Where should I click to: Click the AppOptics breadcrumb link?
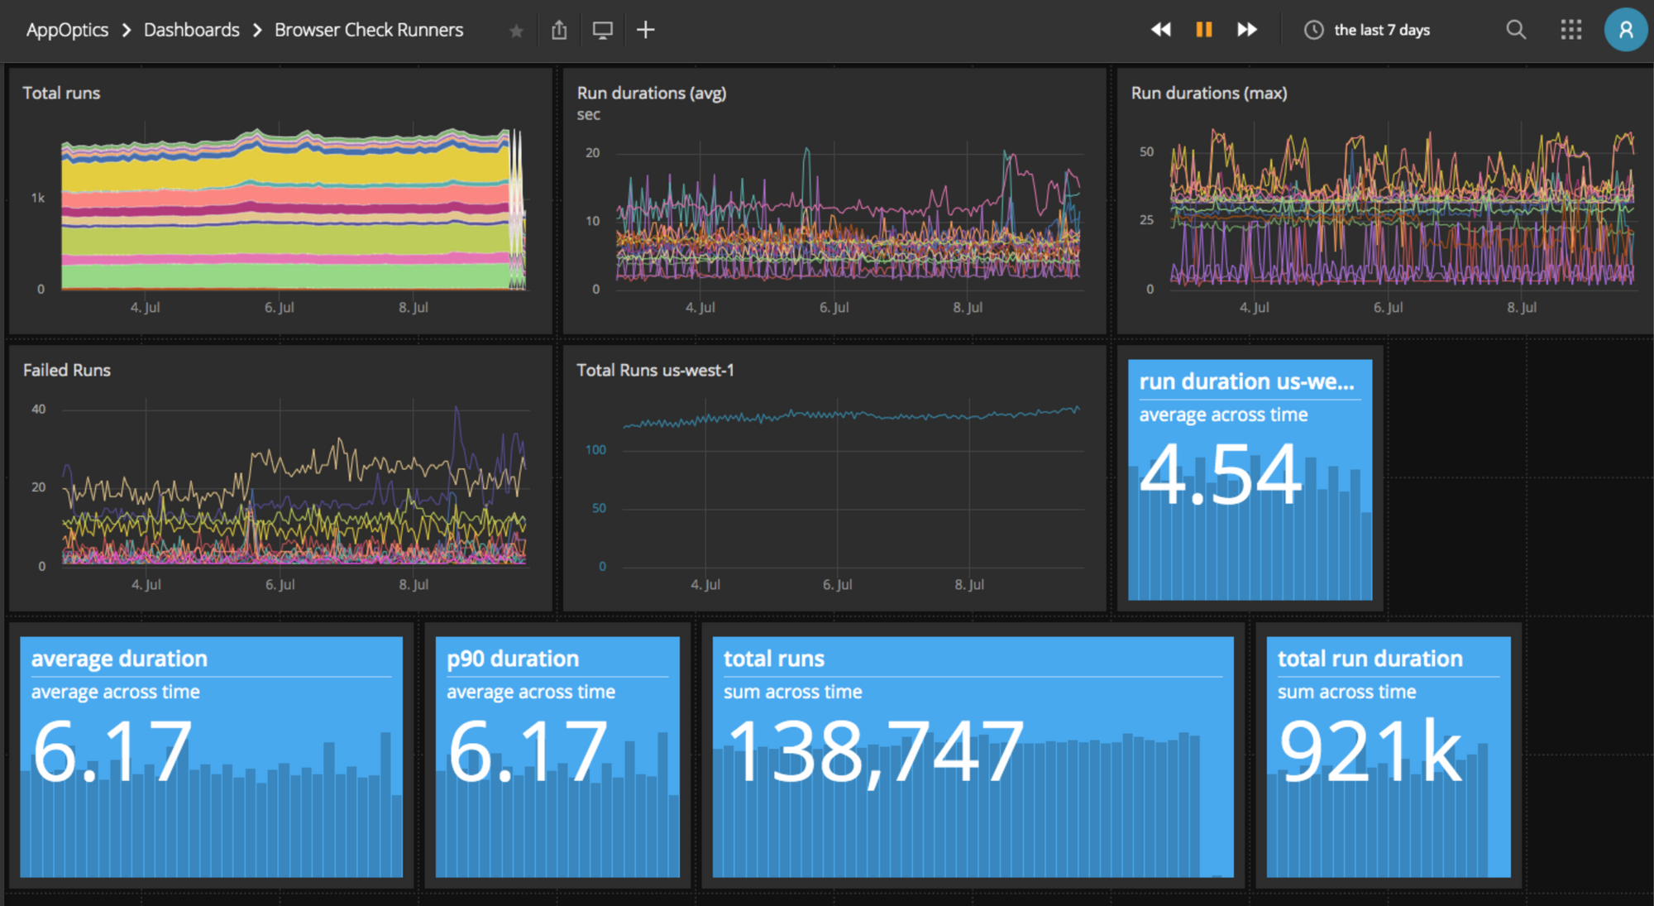coord(67,30)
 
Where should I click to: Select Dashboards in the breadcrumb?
coord(191,30)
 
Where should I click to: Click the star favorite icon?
coord(516,31)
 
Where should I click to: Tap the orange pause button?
coord(1203,30)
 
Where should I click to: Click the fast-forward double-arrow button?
coord(1247,30)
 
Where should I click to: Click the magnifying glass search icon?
coord(1515,30)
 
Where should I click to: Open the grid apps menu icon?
coord(1570,30)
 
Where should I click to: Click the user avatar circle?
coord(1625,30)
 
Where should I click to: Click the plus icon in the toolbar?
coord(645,30)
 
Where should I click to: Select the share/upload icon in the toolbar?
coord(559,30)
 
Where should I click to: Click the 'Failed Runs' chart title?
coord(66,370)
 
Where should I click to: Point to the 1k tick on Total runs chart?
coord(38,198)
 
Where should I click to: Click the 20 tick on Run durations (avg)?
coord(592,153)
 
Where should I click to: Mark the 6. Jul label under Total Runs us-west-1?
coord(837,584)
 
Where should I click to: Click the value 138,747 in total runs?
coord(874,751)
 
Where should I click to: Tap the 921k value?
coord(1370,751)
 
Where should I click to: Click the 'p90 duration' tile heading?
coord(513,659)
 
